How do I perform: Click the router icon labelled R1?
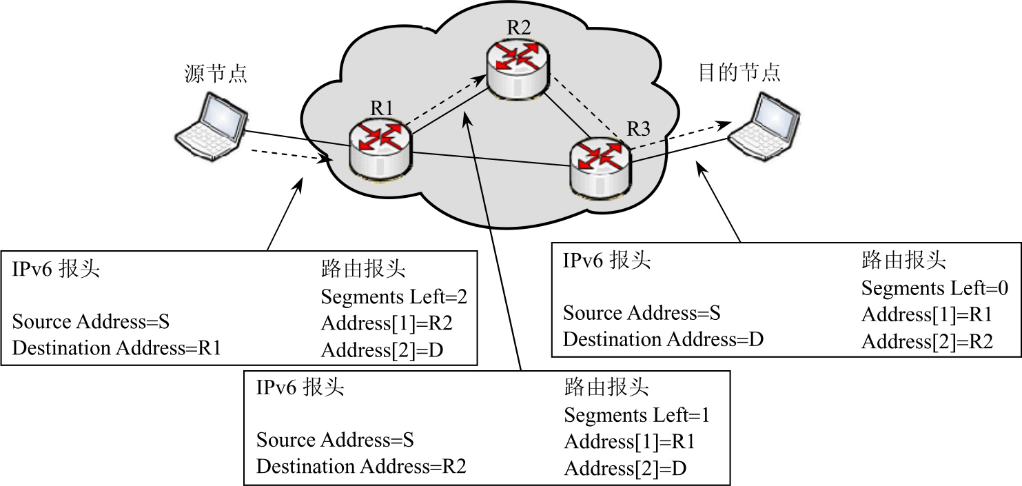coord(380,147)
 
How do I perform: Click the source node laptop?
coord(211,124)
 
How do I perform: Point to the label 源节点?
coord(216,73)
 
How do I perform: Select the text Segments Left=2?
coord(394,297)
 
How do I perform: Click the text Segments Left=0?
coord(934,288)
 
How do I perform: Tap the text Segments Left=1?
coord(637,416)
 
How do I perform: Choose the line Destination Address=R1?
coord(116,348)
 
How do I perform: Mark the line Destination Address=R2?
coord(361,467)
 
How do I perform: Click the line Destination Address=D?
coord(663,339)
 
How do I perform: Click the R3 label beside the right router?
coord(638,128)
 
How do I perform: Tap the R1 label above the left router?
coord(381,108)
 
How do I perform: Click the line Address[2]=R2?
coord(926,341)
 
